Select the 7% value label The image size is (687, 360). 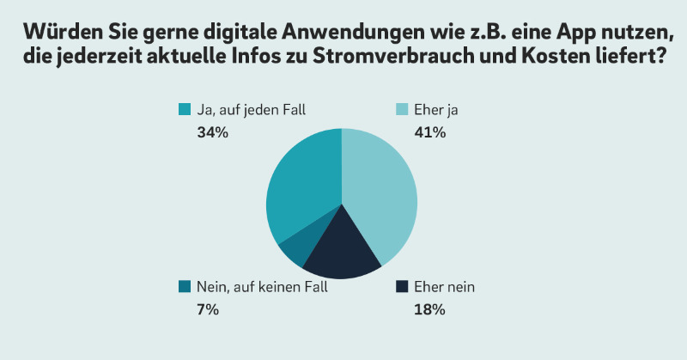tap(208, 310)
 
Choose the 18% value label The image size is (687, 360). tap(429, 310)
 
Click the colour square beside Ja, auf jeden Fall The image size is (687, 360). tap(184, 110)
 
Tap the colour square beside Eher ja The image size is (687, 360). tap(400, 110)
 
